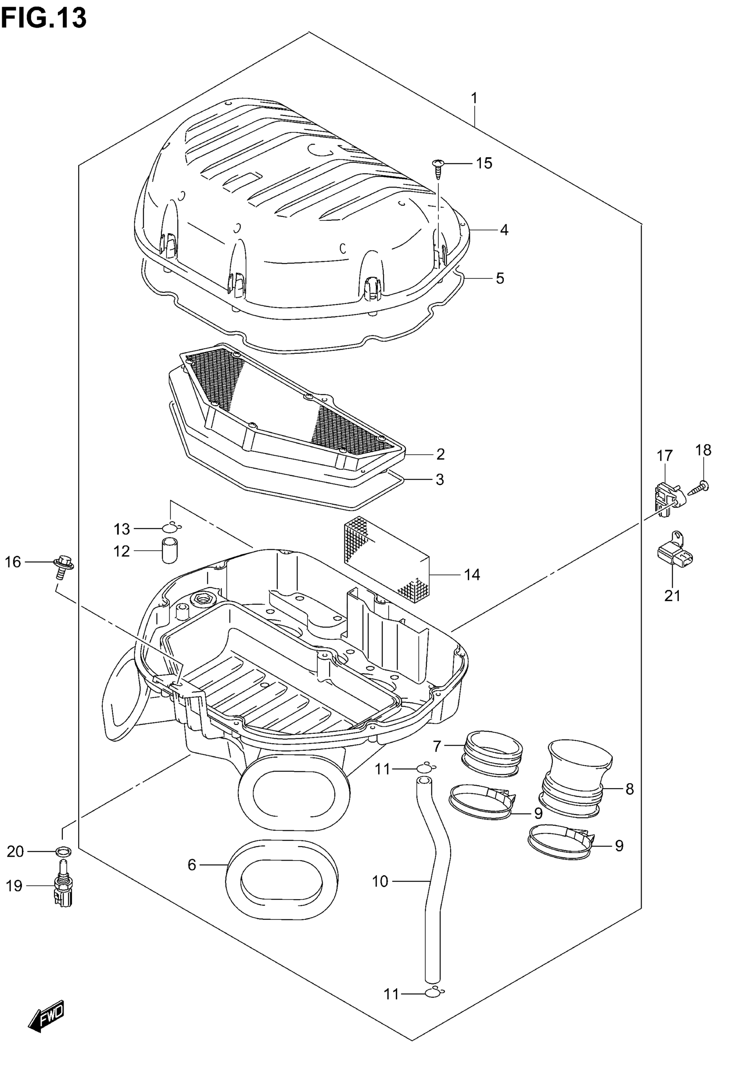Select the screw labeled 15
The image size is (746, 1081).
point(438,169)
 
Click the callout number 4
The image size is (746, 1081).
point(503,230)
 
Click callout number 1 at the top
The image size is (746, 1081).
point(474,99)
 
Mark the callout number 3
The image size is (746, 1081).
point(439,479)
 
